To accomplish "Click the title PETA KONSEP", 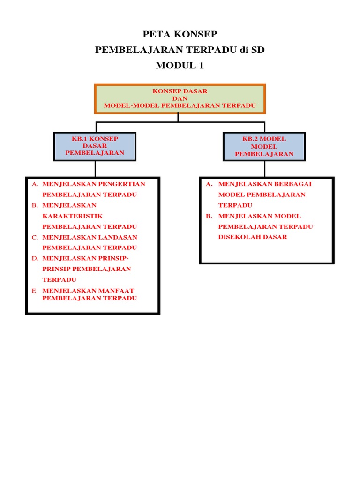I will pos(180,34).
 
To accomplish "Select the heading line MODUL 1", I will pos(180,66).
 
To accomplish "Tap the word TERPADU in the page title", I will pos(214,50).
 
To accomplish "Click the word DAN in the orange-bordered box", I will pos(180,98).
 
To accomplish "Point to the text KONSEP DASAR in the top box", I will pos(180,91).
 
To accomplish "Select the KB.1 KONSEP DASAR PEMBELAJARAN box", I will pos(95,146).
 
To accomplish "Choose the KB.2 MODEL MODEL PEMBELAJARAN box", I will pos(264,146).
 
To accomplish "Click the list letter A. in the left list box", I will pos(35,184).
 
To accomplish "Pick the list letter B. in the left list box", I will pos(35,205).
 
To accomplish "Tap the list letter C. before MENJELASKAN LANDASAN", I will pos(35,237).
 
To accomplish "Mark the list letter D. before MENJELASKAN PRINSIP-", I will pos(35,258).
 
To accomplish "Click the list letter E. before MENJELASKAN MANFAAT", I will pos(35,291).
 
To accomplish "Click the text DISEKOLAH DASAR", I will pos(253,237).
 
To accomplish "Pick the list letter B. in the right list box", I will pos(209,216).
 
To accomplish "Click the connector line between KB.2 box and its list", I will pos(264,169).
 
